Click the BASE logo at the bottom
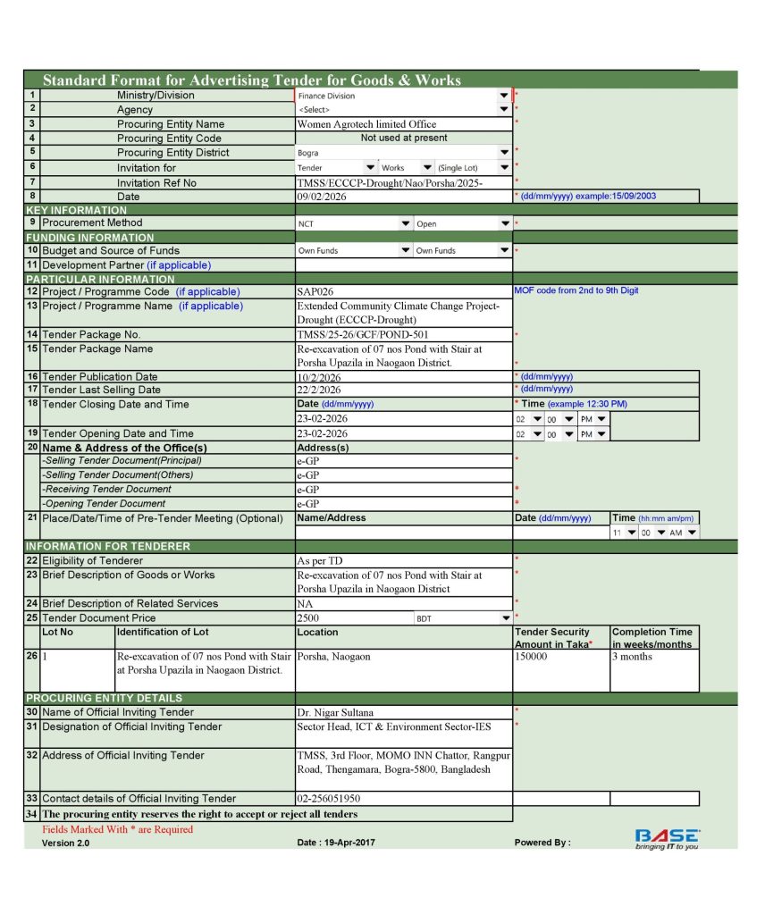[x=667, y=838]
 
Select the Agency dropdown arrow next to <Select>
[x=504, y=110]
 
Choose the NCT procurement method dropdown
[x=354, y=223]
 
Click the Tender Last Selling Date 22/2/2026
[x=319, y=390]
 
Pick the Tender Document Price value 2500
[x=308, y=617]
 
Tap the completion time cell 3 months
[x=632, y=657]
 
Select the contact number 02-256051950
[x=329, y=799]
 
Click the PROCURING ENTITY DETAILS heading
[x=104, y=698]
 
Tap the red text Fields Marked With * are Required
[x=118, y=829]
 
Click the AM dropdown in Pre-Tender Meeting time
[x=682, y=533]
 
